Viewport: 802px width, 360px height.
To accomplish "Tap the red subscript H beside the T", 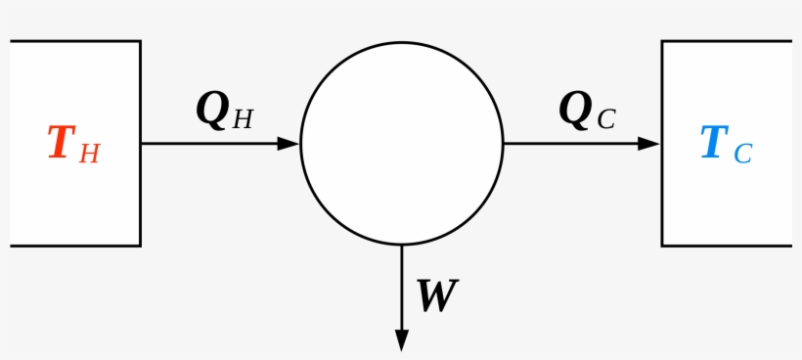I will pyautogui.click(x=89, y=154).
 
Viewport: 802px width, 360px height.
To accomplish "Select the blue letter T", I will pyautogui.click(x=713, y=143).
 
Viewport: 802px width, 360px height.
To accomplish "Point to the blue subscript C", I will pyautogui.click(x=742, y=154).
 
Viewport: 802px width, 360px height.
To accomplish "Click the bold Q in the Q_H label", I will pyautogui.click(x=212, y=110).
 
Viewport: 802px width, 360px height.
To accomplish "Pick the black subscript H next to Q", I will pyautogui.click(x=243, y=119).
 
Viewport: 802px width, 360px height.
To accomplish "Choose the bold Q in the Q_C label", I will pyautogui.click(x=575, y=110).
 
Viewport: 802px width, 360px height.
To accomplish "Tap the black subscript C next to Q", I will pyautogui.click(x=605, y=119).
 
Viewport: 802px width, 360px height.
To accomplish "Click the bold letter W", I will pyautogui.click(x=436, y=295).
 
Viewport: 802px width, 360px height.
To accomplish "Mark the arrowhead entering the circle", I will pyautogui.click(x=289, y=144).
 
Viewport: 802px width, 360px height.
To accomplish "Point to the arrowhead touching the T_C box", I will pyautogui.click(x=649, y=144).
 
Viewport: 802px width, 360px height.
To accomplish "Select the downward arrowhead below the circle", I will pyautogui.click(x=401, y=339).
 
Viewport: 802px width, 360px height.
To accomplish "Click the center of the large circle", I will pyautogui.click(x=401, y=143).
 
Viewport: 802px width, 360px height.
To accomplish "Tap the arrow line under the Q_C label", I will pyautogui.click(x=572, y=144).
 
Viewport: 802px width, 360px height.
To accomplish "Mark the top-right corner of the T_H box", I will pyautogui.click(x=140, y=41).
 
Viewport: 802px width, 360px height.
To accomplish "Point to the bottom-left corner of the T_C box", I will pyautogui.click(x=662, y=246).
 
